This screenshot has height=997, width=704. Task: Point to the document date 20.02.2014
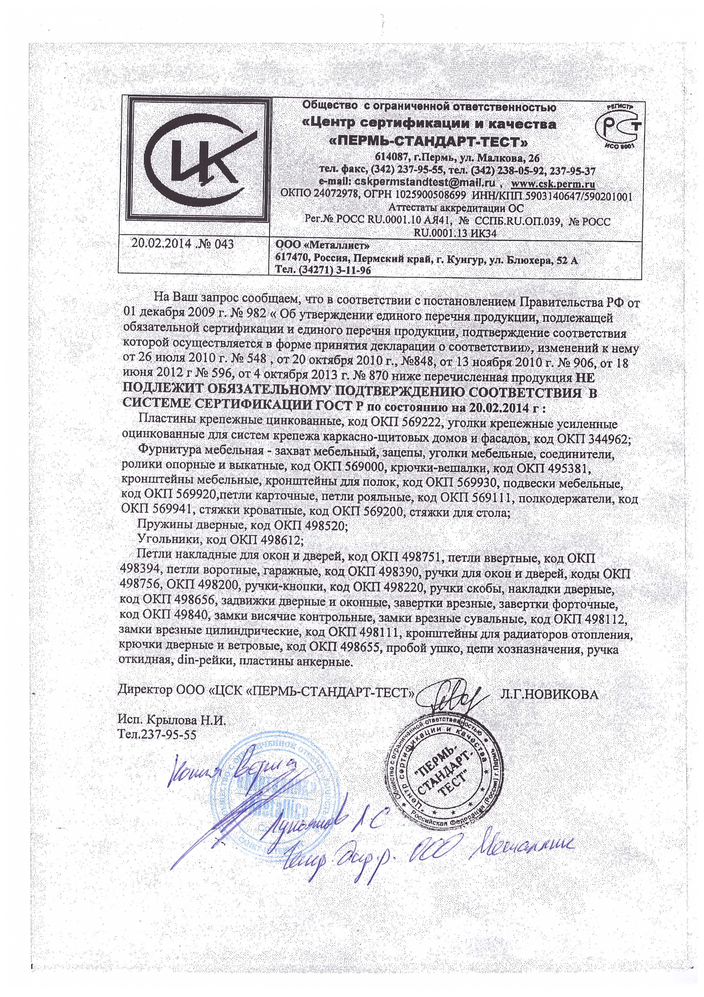click(161, 244)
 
